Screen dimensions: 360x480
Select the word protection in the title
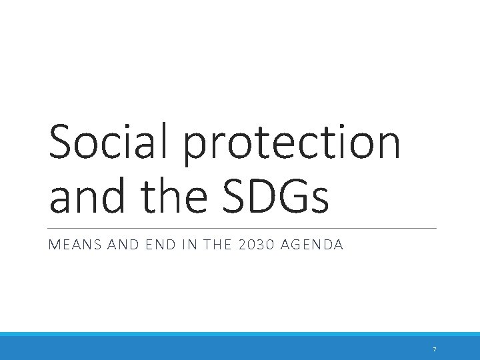click(293, 145)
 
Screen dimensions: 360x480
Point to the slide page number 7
click(434, 349)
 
